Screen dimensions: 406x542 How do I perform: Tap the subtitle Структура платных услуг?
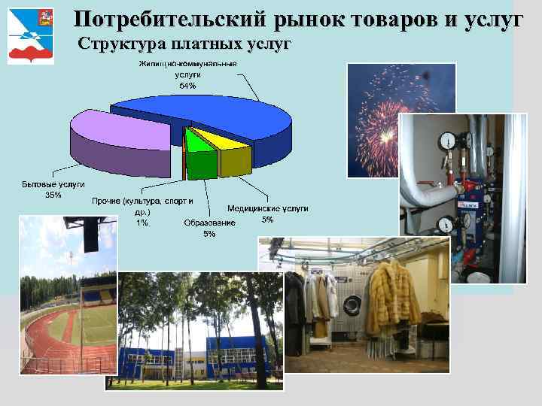pyautogui.click(x=184, y=44)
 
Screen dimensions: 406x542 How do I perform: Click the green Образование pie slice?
pyautogui.click(x=202, y=158)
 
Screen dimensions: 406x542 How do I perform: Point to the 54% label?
pyautogui.click(x=187, y=86)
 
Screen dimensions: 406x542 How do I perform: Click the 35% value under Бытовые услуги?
pyautogui.click(x=53, y=195)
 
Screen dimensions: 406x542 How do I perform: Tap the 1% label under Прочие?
pyautogui.click(x=142, y=222)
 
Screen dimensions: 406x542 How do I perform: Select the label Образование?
pyautogui.click(x=209, y=223)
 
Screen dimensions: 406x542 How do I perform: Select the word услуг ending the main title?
pyautogui.click(x=490, y=20)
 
